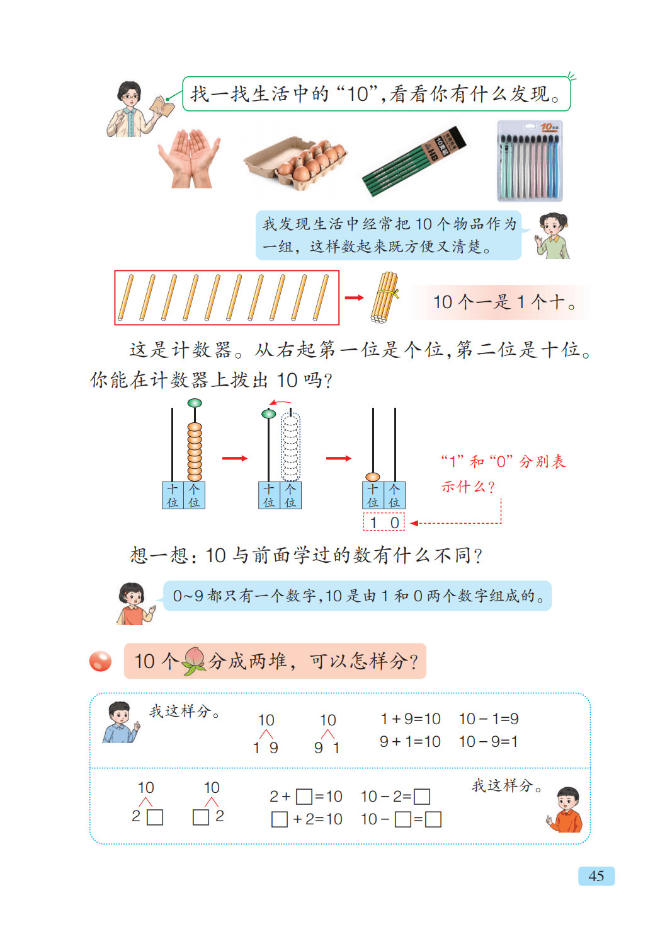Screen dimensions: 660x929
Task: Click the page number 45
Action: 596,875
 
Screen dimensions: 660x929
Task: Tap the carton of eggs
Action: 296,164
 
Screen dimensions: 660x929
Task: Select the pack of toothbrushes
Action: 530,161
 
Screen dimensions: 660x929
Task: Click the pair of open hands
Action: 190,159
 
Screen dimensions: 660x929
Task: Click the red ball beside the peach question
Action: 101,661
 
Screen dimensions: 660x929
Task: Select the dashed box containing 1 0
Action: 384,522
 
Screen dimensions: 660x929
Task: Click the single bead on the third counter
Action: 372,477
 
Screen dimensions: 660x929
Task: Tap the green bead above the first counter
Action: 195,403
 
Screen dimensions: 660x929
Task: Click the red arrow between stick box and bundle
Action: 354,297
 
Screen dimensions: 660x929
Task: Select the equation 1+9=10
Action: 410,718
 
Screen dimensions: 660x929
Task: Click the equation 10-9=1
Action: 489,742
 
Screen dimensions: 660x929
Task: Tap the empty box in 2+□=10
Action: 304,797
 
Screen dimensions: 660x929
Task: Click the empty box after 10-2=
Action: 422,797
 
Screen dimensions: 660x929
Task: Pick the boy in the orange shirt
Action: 566,809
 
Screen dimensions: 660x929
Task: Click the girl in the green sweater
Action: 553,236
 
